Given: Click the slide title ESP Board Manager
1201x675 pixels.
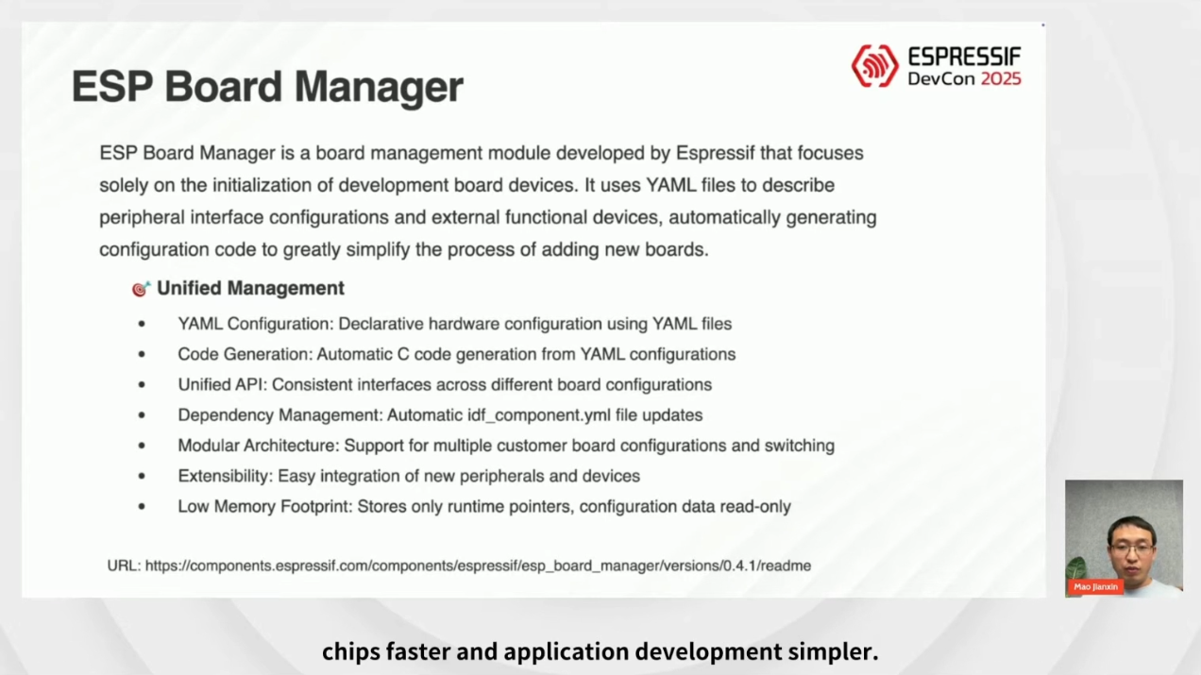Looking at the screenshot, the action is [267, 87].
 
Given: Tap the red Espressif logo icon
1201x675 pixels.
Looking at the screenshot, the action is [875, 66].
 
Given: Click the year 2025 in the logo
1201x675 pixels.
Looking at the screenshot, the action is [1001, 78].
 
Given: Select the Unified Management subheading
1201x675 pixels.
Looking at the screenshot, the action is [250, 289].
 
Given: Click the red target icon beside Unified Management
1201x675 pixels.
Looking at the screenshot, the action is [141, 289].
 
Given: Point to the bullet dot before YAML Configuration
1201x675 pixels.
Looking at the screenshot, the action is [142, 324].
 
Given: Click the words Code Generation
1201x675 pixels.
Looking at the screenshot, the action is [245, 354].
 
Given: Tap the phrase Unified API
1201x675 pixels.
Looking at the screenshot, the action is [222, 385].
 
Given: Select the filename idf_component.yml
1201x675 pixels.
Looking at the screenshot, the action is [539, 415].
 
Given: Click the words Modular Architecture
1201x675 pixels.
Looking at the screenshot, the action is [258, 446].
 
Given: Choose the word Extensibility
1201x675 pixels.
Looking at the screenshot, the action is [225, 476].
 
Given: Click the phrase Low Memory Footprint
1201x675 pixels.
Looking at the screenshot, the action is [264, 507].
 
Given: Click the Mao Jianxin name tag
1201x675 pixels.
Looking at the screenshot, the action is [1095, 586].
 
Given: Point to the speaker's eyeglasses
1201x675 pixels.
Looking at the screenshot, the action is [1132, 548].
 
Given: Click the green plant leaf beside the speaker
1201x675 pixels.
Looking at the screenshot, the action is [1075, 568].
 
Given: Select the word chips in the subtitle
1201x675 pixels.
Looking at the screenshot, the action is [350, 652].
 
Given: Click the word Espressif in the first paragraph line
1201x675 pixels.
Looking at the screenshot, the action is [716, 153].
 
